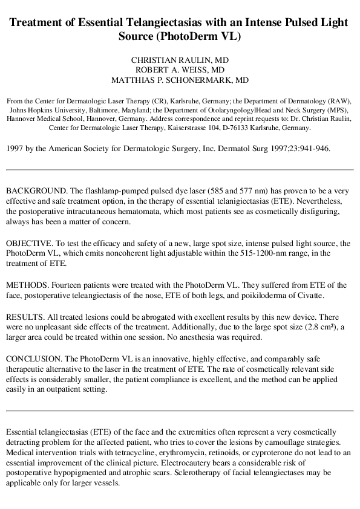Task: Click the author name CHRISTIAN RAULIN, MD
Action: coord(180,60)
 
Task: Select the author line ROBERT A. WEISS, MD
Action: coord(180,70)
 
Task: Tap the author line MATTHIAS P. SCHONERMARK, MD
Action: coord(180,80)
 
